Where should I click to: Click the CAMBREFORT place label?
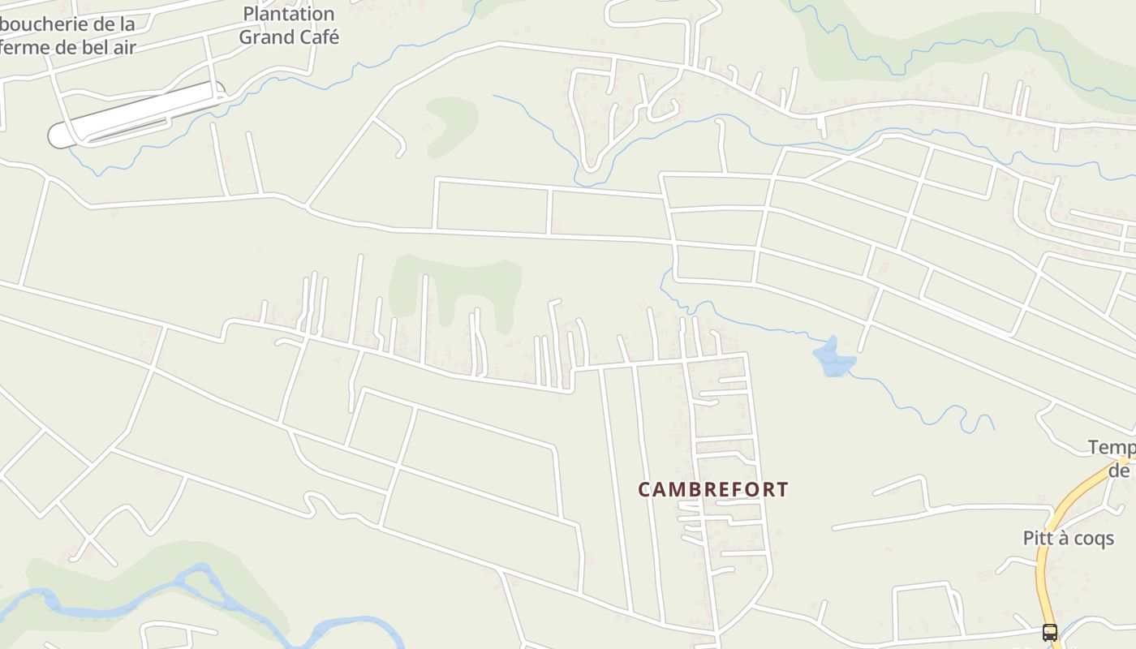click(x=712, y=490)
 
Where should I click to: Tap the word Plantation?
click(x=288, y=14)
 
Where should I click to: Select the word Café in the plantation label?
click(x=312, y=37)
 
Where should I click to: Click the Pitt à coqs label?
click(x=1068, y=539)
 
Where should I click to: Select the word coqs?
click(x=1095, y=539)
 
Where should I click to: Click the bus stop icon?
click(x=1049, y=632)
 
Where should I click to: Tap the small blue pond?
click(x=833, y=358)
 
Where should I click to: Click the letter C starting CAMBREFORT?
click(x=644, y=490)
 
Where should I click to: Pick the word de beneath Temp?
click(x=1121, y=471)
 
